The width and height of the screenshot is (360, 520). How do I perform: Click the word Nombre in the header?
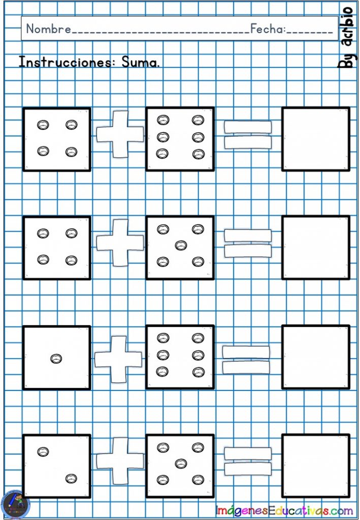(x=49, y=29)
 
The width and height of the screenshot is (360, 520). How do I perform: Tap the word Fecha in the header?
(x=267, y=29)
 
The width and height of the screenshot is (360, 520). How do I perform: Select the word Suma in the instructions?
(x=141, y=61)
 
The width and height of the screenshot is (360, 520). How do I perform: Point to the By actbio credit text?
(x=346, y=37)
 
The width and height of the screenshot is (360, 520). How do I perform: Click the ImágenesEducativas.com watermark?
(x=284, y=510)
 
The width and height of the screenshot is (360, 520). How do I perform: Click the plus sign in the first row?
(x=120, y=134)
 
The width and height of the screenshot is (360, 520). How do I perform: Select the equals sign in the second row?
(x=248, y=243)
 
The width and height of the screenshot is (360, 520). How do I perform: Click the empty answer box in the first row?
(x=316, y=139)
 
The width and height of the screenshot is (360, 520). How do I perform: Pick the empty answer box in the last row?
(x=316, y=466)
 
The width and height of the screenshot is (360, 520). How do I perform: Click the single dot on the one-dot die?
(x=56, y=359)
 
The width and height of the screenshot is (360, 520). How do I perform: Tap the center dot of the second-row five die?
(x=181, y=245)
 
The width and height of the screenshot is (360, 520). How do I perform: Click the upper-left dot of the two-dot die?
(x=43, y=451)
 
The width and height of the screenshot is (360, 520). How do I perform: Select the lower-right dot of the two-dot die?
(x=71, y=478)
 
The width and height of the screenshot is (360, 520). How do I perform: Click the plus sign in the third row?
(x=118, y=360)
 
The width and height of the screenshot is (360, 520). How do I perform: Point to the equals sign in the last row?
(x=248, y=461)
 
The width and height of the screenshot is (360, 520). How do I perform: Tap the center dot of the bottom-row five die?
(x=181, y=463)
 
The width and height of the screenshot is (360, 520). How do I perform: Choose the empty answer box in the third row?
(x=316, y=357)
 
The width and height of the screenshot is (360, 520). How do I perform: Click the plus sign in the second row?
(x=120, y=243)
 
